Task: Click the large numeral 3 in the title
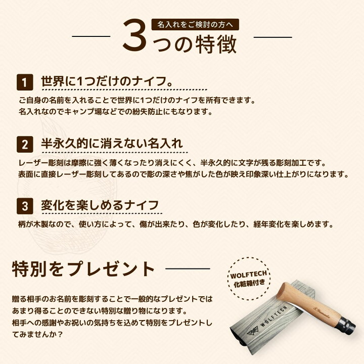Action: pyautogui.click(x=134, y=35)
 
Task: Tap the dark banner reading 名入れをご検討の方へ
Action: pyautogui.click(x=195, y=25)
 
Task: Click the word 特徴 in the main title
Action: pyautogui.click(x=216, y=44)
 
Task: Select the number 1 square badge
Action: pyautogui.click(x=25, y=82)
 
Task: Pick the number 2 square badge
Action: pyautogui.click(x=25, y=145)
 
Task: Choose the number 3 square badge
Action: pyautogui.click(x=25, y=206)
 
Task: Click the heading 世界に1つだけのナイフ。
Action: pyautogui.click(x=107, y=81)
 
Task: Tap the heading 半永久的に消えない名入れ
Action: pyautogui.click(x=112, y=143)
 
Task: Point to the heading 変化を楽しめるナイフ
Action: pyautogui.click(x=100, y=205)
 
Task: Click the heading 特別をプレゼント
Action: pyautogui.click(x=83, y=269)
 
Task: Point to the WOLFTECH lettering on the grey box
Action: pyautogui.click(x=274, y=316)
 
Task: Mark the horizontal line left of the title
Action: pyautogui.click(x=91, y=36)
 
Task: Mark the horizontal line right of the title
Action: pyautogui.click(x=273, y=37)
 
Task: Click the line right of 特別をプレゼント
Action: pyautogui.click(x=188, y=269)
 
